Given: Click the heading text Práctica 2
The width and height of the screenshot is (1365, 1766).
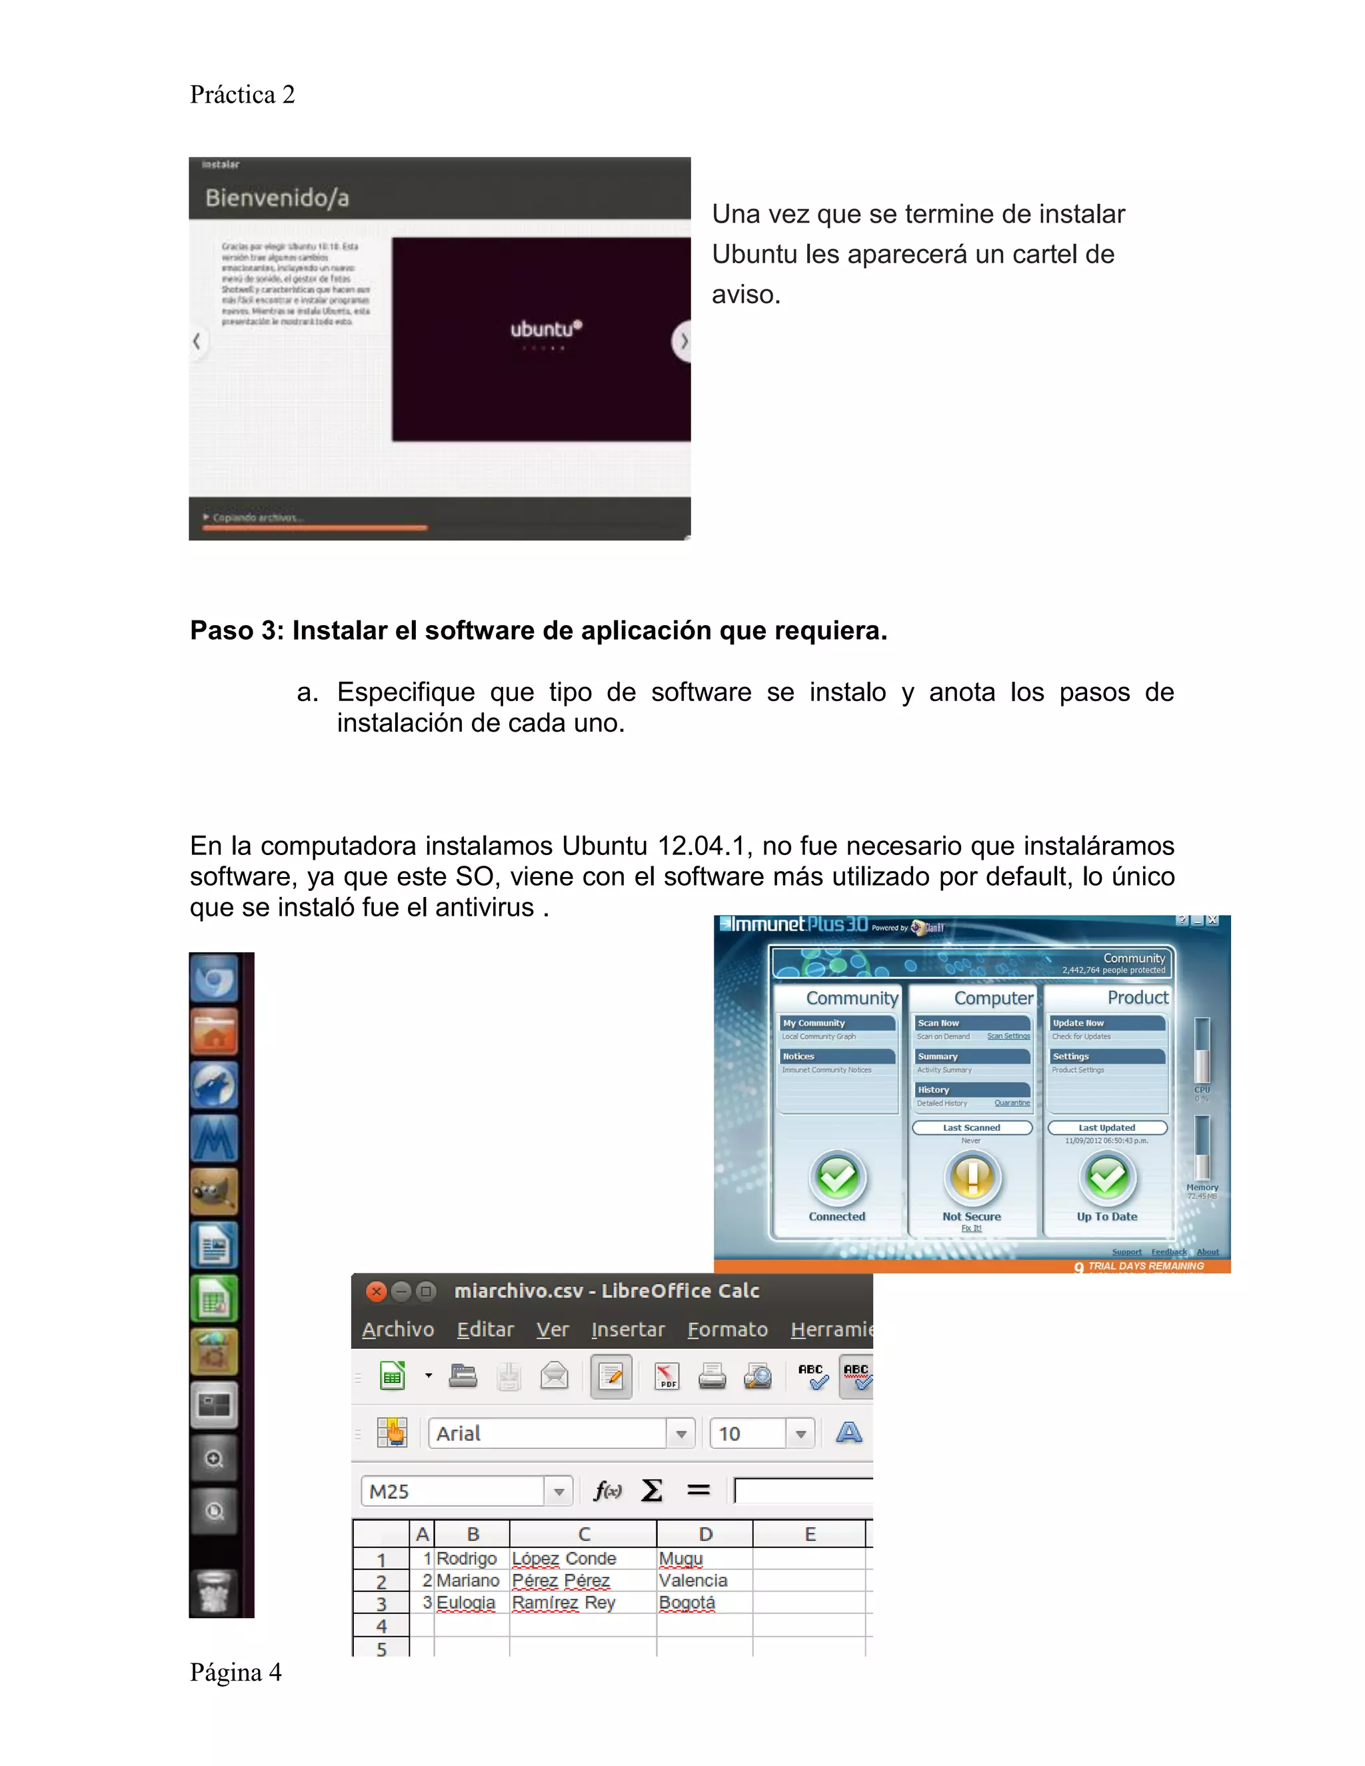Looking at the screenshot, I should (x=242, y=95).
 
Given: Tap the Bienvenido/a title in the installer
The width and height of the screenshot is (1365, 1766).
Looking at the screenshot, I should (x=277, y=198).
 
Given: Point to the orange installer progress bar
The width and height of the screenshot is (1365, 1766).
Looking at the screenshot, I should (x=315, y=528).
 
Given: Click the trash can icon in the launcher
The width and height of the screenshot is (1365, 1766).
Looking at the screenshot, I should (x=215, y=1591).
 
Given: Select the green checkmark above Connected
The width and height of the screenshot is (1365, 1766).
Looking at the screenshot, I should (x=837, y=1178).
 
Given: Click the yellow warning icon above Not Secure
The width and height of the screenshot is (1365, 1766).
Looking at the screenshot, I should (x=972, y=1178).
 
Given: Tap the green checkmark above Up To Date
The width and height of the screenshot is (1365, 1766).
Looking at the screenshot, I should (x=1107, y=1178).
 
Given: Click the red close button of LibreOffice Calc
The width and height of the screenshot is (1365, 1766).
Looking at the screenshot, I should (x=376, y=1292).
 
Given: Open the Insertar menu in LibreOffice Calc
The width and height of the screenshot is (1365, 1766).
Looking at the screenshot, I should (x=627, y=1330).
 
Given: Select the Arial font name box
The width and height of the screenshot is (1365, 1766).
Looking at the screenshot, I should (x=547, y=1433).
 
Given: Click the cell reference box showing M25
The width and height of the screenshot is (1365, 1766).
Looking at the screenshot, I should (x=453, y=1492).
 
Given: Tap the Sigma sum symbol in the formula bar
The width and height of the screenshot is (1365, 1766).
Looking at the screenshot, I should (x=652, y=1490).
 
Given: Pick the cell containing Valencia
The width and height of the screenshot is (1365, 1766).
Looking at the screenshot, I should (x=694, y=1581).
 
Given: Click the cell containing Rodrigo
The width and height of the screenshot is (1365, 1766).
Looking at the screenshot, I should (x=467, y=1559).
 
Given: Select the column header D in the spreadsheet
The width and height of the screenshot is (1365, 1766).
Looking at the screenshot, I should (x=705, y=1534).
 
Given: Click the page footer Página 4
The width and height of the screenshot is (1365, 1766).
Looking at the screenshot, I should (x=235, y=1672).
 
